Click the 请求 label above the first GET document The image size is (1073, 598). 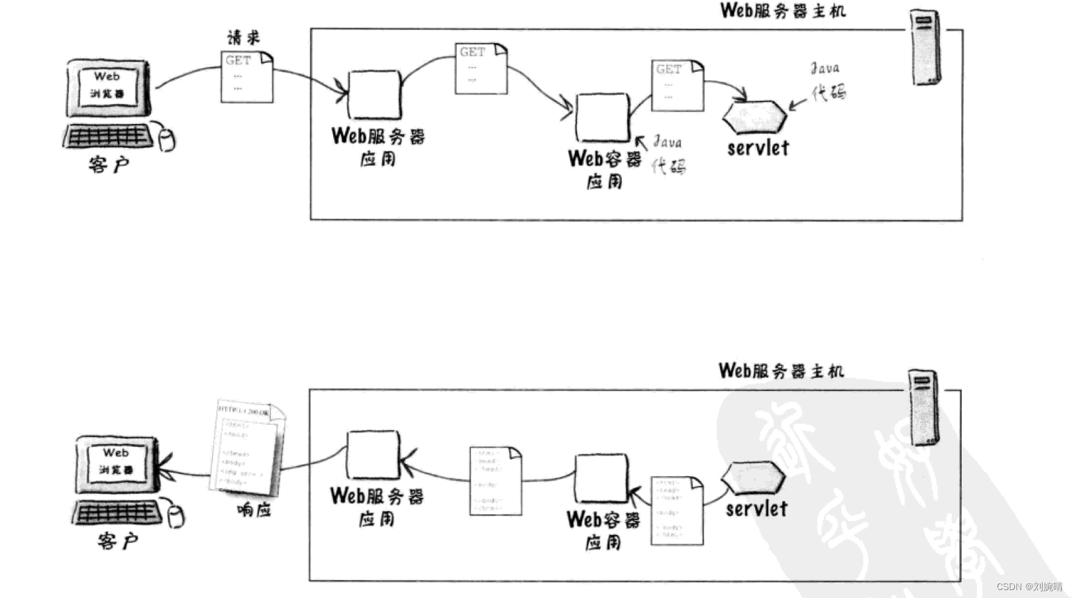point(244,38)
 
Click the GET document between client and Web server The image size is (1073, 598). point(246,78)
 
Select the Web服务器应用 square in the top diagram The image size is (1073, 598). point(374,95)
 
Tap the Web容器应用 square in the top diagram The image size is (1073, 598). point(602,117)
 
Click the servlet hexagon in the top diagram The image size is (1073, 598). point(754,118)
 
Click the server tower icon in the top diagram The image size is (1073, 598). point(925,46)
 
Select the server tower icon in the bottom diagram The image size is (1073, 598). point(923,407)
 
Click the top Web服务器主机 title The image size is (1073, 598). point(782,11)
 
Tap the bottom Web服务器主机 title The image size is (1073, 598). point(781,371)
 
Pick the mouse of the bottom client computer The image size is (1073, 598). point(176,517)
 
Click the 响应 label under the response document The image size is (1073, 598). point(254,510)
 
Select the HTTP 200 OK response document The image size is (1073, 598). point(248,448)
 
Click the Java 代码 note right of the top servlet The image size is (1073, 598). point(827,81)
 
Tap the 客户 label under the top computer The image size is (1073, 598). point(108,164)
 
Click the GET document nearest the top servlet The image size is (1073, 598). point(677,86)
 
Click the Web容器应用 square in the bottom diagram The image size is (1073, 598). point(601,478)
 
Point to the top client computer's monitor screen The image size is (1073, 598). point(107,86)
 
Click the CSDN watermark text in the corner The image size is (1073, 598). point(1029,587)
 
